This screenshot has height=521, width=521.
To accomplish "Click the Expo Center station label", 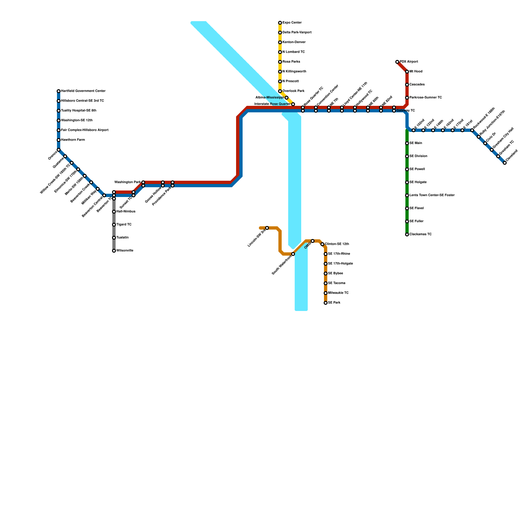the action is tap(292, 23).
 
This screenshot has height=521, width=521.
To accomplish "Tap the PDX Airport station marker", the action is tap(397, 62).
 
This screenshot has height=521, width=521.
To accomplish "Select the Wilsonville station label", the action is tap(125, 251).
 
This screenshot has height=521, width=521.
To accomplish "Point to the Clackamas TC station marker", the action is tap(407, 234).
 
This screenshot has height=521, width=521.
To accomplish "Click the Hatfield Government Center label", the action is tap(83, 91).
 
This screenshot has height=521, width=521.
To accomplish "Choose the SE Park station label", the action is tap(334, 303).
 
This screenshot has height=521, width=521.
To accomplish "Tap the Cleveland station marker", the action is tap(505, 163).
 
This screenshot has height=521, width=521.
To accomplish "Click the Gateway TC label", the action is tap(406, 111).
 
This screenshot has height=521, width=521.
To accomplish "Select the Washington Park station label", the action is tap(128, 182).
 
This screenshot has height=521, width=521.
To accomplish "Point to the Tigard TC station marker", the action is tap(114, 225).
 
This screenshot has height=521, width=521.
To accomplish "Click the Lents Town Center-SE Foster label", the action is tap(432, 195).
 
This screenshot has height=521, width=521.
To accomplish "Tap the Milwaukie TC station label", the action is tap(338, 293).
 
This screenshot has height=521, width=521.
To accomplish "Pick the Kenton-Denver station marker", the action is tap(280, 42).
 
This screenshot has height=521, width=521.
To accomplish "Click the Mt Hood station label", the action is tap(416, 72).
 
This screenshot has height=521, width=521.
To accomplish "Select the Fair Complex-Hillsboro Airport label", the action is tap(85, 130).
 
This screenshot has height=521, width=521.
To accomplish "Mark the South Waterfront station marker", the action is tap(293, 254).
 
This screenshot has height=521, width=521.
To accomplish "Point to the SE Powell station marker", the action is tap(407, 169).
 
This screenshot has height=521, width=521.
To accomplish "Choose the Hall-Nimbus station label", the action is tap(126, 212).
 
